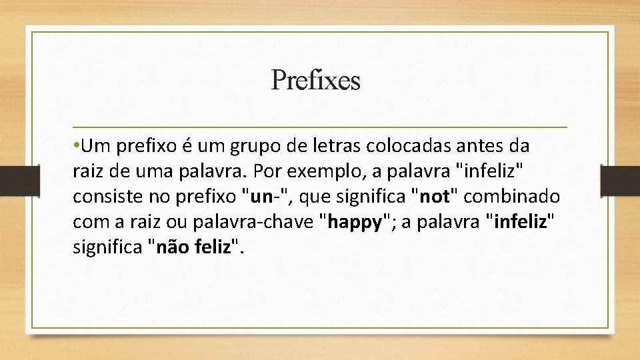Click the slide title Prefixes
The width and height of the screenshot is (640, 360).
315,81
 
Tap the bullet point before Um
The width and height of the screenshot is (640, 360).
77,145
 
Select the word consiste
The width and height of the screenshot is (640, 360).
103,197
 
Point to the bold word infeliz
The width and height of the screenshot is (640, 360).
518,223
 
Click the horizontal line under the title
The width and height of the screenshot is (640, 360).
320,127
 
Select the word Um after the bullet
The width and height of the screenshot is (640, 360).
97,145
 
